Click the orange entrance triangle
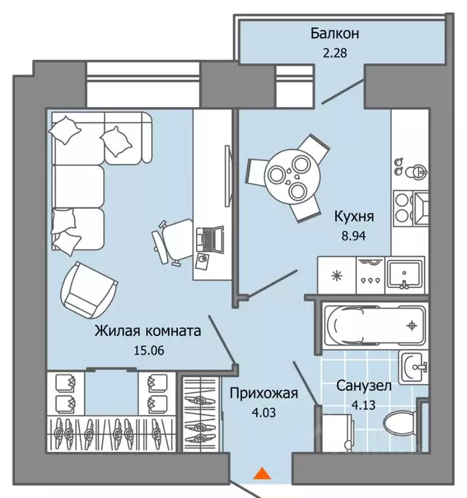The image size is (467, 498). [x=262, y=473]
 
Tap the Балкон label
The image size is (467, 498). [x=335, y=33]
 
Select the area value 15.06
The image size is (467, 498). [x=149, y=351]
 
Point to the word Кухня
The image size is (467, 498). [x=354, y=217]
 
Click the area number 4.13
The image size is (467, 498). [x=363, y=405]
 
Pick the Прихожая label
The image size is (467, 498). [x=264, y=394]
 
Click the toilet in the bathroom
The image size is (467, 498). [x=400, y=421]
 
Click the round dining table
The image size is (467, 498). [x=288, y=178]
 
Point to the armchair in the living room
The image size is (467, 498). [x=88, y=290]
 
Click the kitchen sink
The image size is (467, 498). [x=405, y=275]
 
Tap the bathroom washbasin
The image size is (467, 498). [x=413, y=367]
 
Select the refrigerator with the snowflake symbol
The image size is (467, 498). [x=337, y=275]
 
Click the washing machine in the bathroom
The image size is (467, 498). [x=337, y=432]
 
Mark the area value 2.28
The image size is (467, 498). [x=335, y=53]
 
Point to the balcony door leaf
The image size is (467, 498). [x=342, y=92]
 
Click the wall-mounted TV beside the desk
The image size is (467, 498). [x=228, y=176]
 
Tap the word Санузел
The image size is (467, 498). [x=364, y=386]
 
